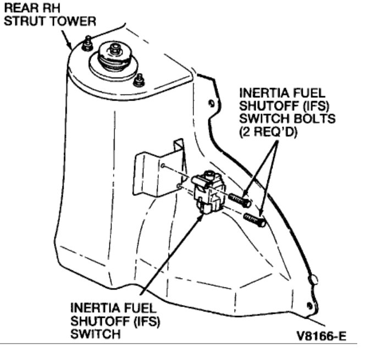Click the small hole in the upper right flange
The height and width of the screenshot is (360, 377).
click(212, 103)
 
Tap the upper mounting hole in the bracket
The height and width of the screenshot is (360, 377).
click(164, 165)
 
